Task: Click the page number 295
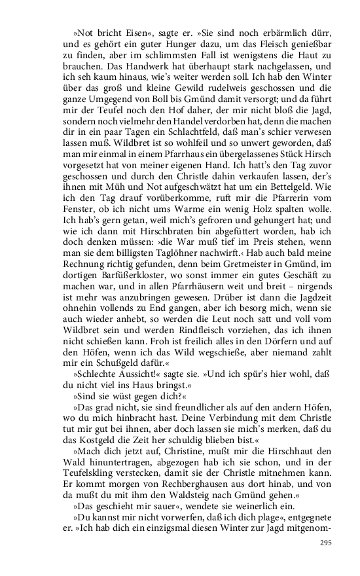(326, 562)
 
